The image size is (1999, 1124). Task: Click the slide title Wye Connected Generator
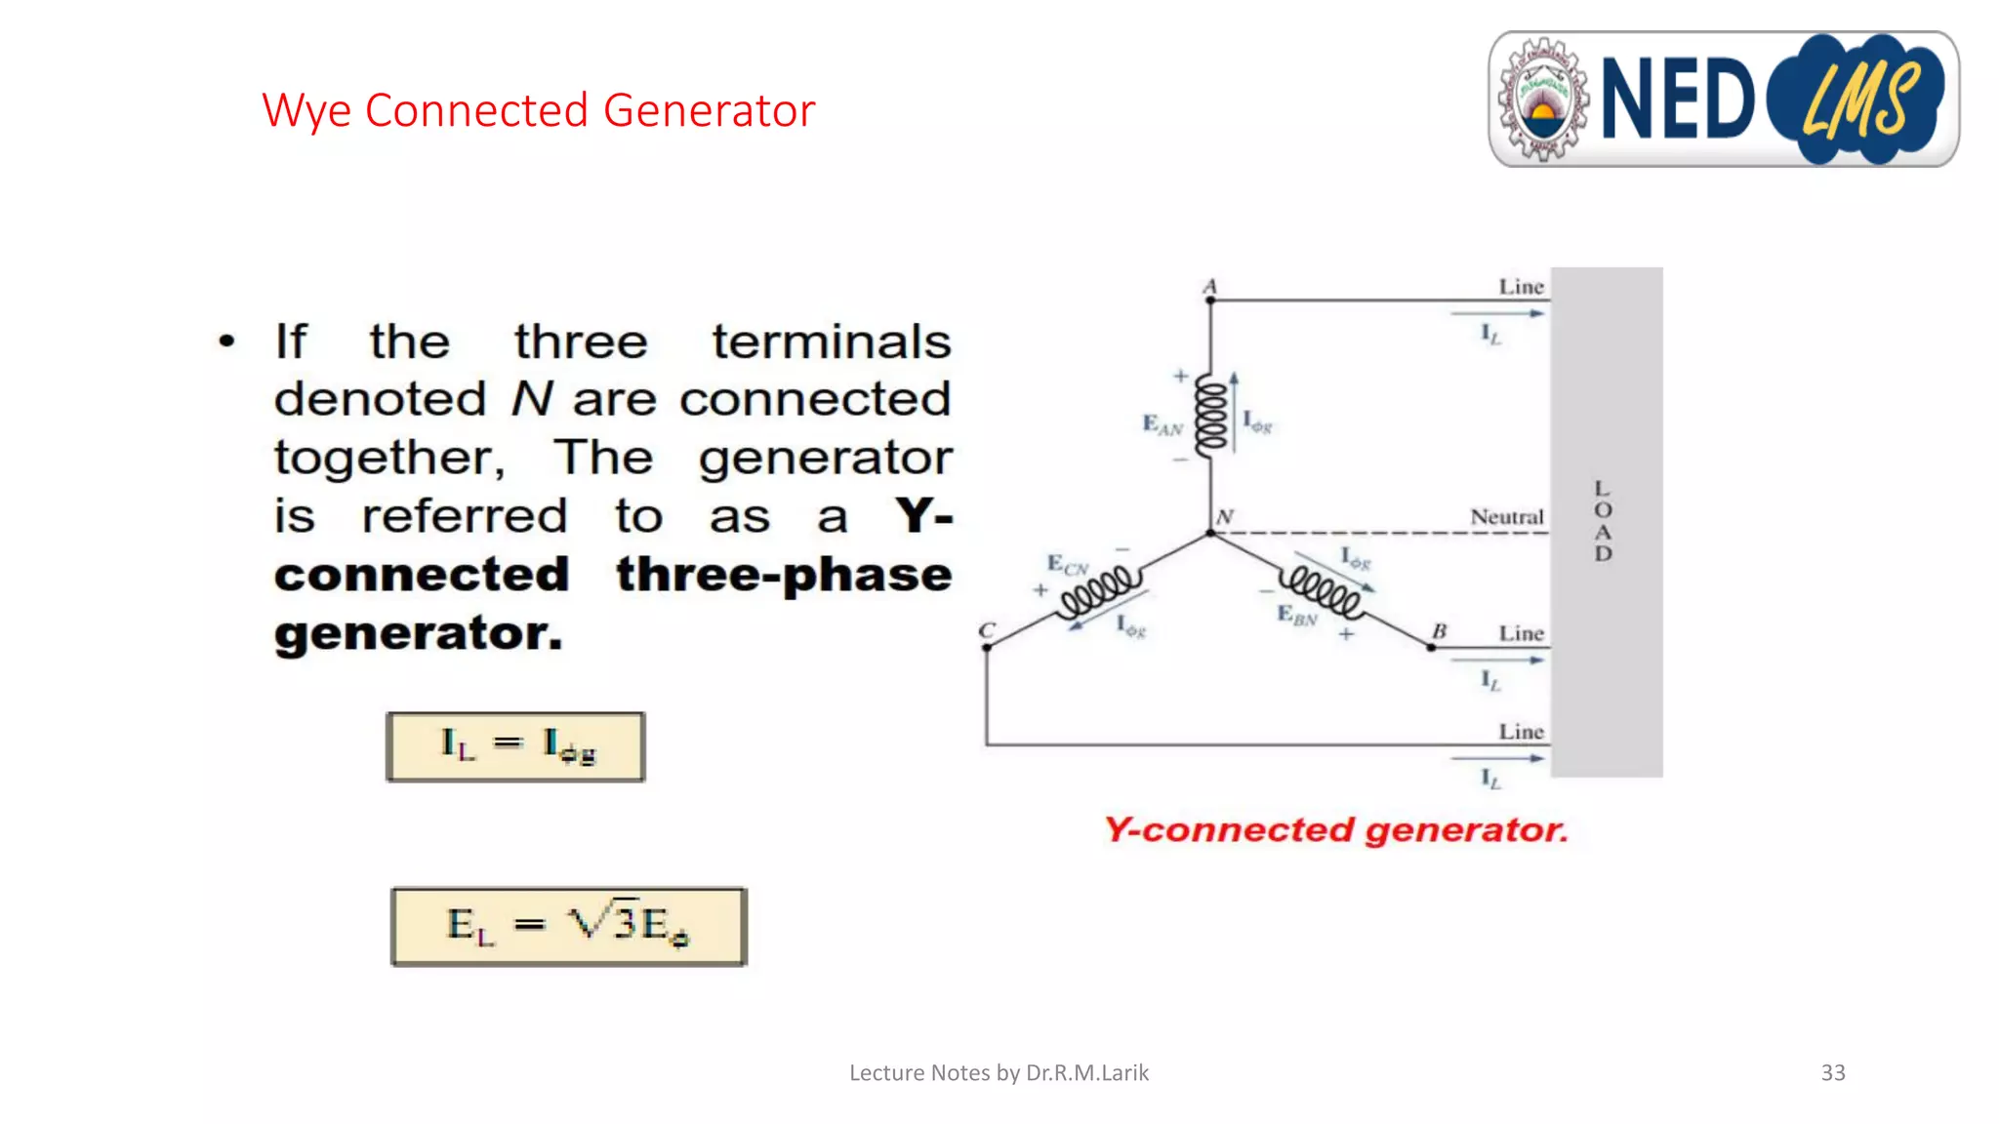pyautogui.click(x=538, y=110)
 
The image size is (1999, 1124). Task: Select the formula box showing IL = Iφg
pyautogui.click(x=515, y=746)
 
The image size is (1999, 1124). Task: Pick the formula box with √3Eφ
pyautogui.click(x=569, y=925)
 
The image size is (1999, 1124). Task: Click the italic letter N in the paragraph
pyautogui.click(x=532, y=399)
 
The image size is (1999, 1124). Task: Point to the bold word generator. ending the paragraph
pyautogui.click(x=419, y=633)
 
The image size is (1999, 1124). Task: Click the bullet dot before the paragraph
pyautogui.click(x=227, y=341)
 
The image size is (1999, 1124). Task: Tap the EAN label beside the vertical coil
pyautogui.click(x=1162, y=424)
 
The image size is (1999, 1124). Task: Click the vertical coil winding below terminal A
pyautogui.click(x=1211, y=416)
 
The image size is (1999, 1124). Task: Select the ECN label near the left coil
pyautogui.click(x=1067, y=564)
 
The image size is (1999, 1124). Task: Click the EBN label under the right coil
pyautogui.click(x=1297, y=615)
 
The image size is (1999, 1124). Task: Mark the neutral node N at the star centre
pyautogui.click(x=1211, y=532)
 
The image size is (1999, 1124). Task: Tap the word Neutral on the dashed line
pyautogui.click(x=1506, y=516)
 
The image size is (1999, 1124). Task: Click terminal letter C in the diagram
pyautogui.click(x=987, y=630)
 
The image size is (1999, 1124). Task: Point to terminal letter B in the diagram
pyautogui.click(x=1439, y=630)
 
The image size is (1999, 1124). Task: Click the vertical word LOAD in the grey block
pyautogui.click(x=1603, y=521)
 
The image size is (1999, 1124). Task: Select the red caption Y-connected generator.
pyautogui.click(x=1335, y=829)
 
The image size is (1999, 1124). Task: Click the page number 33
pyautogui.click(x=1832, y=1072)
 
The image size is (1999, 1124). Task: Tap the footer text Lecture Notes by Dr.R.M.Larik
pyautogui.click(x=999, y=1072)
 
